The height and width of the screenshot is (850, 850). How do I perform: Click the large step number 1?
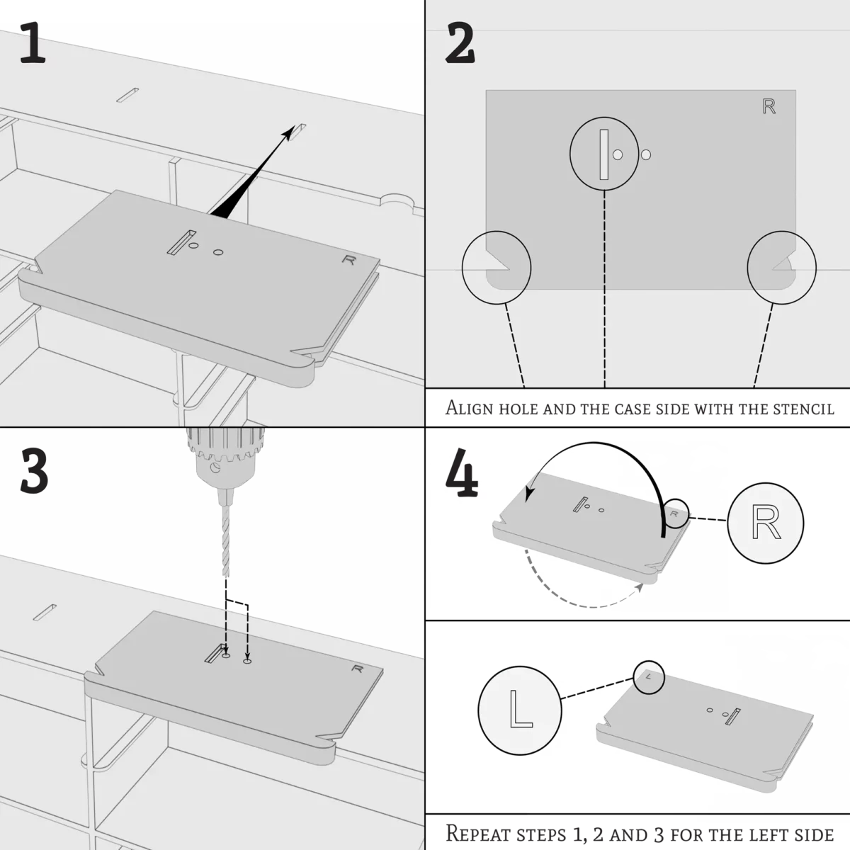pos(33,44)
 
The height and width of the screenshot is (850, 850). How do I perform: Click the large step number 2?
pos(460,44)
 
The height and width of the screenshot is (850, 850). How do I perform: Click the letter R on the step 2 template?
pos(769,107)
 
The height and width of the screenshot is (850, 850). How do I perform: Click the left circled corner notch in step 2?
pos(496,268)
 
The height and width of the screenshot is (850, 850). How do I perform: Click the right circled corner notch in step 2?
pos(782,268)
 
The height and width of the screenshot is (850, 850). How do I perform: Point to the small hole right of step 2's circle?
pos(645,154)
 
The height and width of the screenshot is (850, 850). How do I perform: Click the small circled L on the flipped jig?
pos(650,676)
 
